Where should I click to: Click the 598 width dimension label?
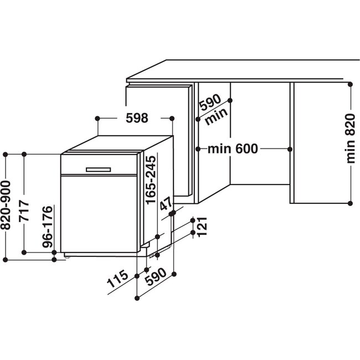(137, 118)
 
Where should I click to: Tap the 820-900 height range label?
(6, 205)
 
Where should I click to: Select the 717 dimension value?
(24, 210)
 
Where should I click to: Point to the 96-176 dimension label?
(47, 227)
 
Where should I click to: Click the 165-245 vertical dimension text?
(151, 180)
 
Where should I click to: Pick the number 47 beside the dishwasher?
(166, 203)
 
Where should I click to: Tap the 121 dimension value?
(202, 227)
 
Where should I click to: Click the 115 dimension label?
(117, 279)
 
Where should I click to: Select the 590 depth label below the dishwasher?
(156, 277)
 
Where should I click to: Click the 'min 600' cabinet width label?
(233, 148)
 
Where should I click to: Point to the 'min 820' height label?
(351, 138)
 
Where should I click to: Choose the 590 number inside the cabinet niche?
(210, 102)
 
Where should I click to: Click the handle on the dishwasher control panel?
(98, 169)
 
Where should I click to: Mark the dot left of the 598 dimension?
(97, 119)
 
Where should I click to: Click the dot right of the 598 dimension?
(172, 119)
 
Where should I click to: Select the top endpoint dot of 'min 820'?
(350, 85)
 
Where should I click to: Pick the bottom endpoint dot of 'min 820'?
(350, 203)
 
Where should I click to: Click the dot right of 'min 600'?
(290, 149)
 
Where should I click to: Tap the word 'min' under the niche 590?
(216, 117)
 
